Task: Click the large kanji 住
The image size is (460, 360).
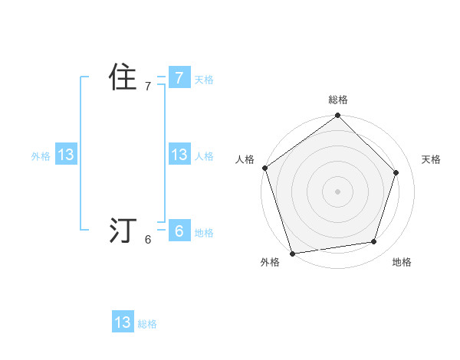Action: (123, 77)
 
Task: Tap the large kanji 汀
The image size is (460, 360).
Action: (123, 231)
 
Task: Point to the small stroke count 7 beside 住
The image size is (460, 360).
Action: (148, 87)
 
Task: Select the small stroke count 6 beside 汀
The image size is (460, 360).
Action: (148, 240)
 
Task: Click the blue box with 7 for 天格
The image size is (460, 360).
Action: (179, 77)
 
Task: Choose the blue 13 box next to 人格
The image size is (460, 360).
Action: (179, 155)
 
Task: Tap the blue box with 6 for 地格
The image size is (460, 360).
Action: (179, 231)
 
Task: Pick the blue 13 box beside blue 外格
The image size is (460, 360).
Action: (66, 155)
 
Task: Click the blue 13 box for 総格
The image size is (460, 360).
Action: (123, 322)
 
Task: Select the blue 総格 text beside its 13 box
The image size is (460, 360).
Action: (147, 324)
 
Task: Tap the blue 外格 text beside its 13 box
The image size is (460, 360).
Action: (41, 156)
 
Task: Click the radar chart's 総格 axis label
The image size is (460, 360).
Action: (338, 100)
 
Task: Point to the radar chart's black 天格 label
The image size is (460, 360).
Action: (431, 159)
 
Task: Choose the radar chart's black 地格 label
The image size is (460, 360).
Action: (402, 262)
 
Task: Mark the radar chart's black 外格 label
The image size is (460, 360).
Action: (270, 262)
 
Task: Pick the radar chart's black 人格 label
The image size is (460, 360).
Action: (245, 159)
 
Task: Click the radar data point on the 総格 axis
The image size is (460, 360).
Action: (338, 116)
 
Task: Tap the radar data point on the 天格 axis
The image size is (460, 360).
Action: (396, 172)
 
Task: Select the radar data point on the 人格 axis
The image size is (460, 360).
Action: (265, 168)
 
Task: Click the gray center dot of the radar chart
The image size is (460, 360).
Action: (338, 191)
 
